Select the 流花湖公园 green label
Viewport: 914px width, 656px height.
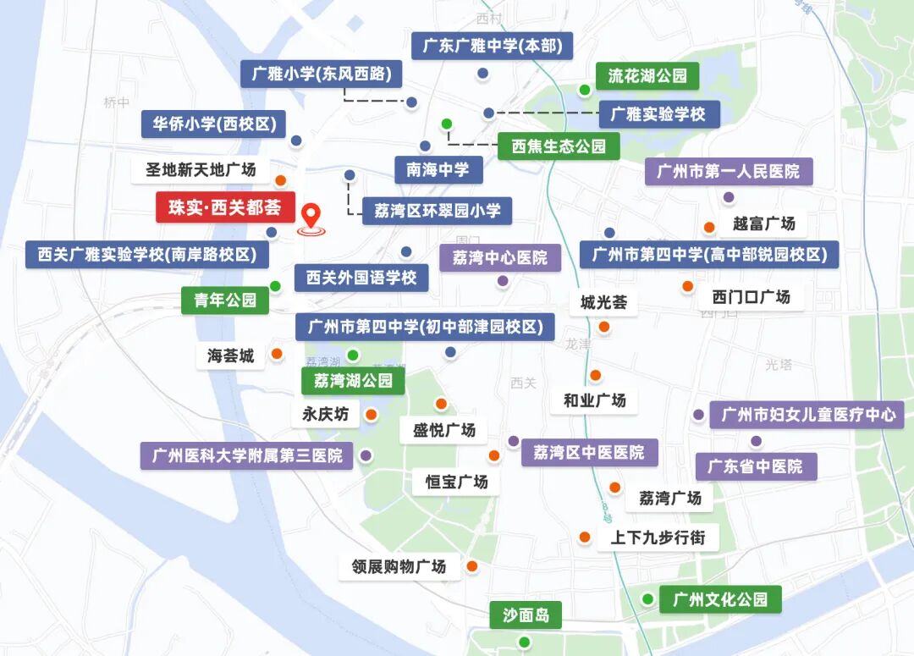point(647,76)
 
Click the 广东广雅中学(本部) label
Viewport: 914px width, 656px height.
point(492,46)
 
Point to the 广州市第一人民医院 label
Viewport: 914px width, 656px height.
point(729,172)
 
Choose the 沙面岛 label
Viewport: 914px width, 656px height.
point(526,615)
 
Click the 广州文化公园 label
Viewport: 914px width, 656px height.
point(720,599)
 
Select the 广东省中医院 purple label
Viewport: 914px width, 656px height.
point(756,466)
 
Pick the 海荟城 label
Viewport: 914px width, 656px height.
point(231,356)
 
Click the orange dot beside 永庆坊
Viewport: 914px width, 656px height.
point(371,415)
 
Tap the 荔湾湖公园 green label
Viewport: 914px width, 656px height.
point(354,381)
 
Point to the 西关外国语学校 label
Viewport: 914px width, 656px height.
point(361,278)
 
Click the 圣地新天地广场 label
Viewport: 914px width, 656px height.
point(201,170)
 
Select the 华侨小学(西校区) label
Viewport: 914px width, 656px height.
point(214,124)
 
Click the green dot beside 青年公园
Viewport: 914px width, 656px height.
point(275,285)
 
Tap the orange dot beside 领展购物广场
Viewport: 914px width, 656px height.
point(472,565)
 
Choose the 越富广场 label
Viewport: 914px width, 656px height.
point(764,224)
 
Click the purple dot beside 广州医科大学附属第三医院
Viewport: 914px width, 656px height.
point(366,455)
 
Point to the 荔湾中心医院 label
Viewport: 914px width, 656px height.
point(499,257)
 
